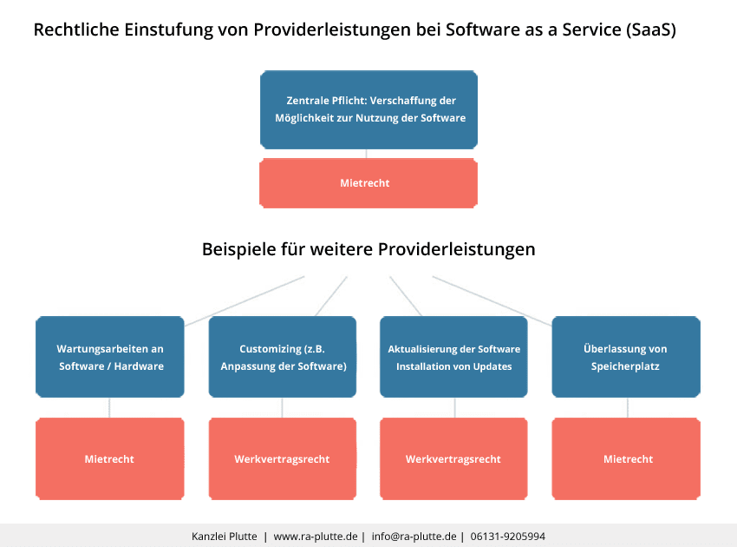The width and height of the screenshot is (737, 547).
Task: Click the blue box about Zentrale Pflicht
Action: click(x=368, y=109)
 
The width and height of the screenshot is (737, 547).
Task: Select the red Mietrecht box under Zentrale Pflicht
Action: click(x=368, y=183)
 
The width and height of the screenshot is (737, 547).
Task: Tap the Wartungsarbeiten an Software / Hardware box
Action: click(x=110, y=357)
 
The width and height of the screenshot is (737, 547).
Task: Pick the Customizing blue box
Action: click(x=283, y=357)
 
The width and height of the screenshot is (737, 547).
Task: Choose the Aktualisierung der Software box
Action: click(x=453, y=357)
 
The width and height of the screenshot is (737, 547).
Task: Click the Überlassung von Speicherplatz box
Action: click(x=626, y=357)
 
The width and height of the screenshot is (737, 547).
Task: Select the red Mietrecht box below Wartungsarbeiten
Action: click(x=110, y=458)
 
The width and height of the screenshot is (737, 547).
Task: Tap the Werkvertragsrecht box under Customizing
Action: click(x=283, y=458)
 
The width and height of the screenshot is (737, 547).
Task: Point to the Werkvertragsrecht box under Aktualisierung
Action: click(x=453, y=458)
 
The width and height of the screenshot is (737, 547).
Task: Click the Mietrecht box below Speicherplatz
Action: click(x=626, y=458)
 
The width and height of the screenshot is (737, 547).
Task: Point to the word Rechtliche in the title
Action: click(x=76, y=30)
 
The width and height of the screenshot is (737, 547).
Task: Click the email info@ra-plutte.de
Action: click(x=414, y=537)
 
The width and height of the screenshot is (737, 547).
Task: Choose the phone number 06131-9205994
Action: click(x=508, y=537)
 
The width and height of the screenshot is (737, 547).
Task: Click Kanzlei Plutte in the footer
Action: click(x=224, y=537)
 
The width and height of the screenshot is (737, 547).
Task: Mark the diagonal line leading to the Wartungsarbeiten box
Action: click(x=245, y=300)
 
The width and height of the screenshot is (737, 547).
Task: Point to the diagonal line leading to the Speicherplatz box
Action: click(x=492, y=300)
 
